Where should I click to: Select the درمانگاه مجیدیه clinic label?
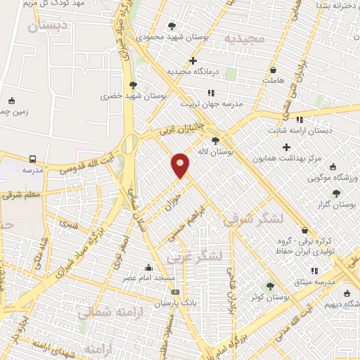194,72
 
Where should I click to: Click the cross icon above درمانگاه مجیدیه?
193,61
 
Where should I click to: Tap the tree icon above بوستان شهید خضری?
134,85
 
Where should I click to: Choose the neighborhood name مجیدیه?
243,38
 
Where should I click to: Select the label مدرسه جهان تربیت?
212,103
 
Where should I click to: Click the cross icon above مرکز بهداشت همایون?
285,147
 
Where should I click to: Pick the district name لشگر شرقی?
255,219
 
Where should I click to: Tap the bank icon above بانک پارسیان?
175,292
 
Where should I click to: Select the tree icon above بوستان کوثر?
271,285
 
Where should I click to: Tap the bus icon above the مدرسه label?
33,159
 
